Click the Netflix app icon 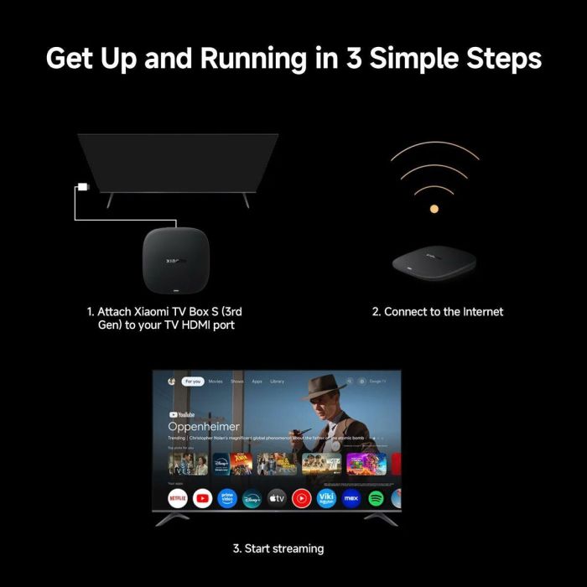coord(178,498)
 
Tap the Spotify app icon coord(377,498)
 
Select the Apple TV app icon coord(277,498)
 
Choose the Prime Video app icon coord(227,498)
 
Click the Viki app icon coord(327,498)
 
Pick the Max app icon coord(352,498)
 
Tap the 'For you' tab coord(193,382)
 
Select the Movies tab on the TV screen coord(216,382)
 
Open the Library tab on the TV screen coord(277,382)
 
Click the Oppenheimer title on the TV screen coord(204,426)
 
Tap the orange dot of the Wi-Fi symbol coord(434,207)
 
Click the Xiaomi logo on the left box coord(172,237)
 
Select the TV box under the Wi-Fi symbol coord(434,262)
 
